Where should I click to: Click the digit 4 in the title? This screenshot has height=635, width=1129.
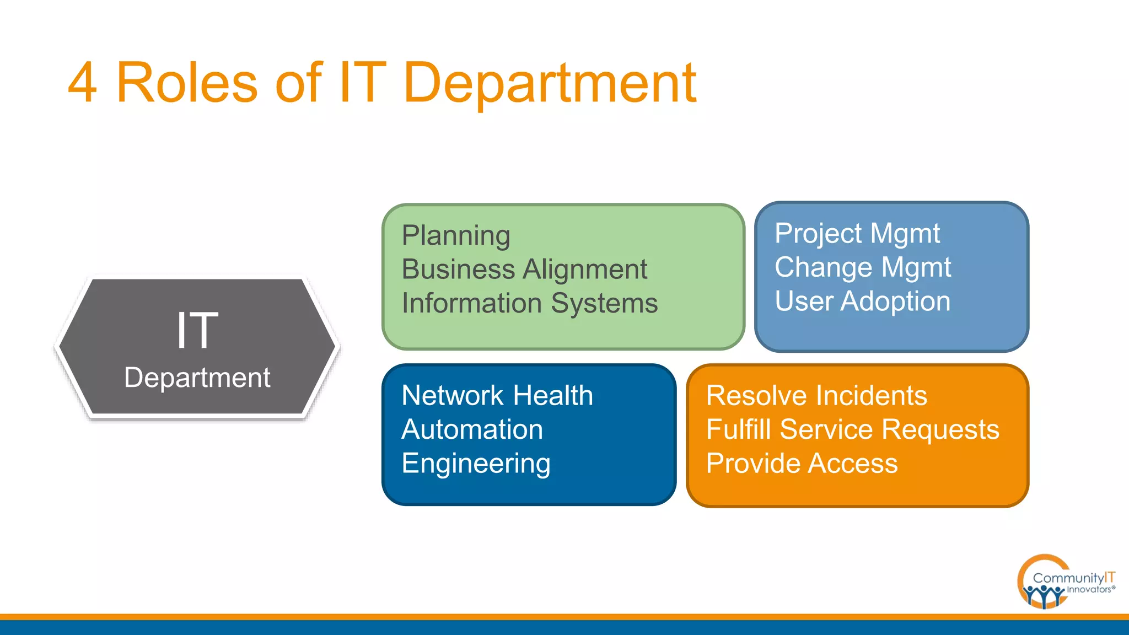click(x=83, y=83)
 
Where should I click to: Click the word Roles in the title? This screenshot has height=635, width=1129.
click(x=187, y=83)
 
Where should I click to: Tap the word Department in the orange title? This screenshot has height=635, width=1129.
click(x=550, y=84)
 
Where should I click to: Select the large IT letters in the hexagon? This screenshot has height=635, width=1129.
click(x=197, y=330)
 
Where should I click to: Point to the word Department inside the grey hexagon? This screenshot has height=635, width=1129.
click(x=197, y=378)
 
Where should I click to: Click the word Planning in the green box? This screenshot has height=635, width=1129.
click(x=456, y=235)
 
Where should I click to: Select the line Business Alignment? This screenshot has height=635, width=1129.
click(x=524, y=270)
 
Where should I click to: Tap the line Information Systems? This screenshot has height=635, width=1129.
click(x=529, y=303)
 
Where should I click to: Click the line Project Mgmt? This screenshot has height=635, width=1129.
click(x=857, y=234)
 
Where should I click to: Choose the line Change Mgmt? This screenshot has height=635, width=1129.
click(x=862, y=267)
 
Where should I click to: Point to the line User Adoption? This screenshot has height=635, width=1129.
click(x=862, y=302)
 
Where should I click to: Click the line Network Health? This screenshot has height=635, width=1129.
click(x=497, y=396)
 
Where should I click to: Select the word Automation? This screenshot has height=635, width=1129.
click(x=472, y=429)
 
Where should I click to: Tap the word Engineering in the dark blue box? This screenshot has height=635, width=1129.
click(x=476, y=464)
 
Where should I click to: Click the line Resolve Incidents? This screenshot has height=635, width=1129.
click(x=816, y=396)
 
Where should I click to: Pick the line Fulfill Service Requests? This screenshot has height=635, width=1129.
click(x=852, y=429)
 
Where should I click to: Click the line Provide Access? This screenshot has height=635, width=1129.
click(x=802, y=464)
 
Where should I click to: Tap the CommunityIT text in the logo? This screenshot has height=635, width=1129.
click(x=1073, y=578)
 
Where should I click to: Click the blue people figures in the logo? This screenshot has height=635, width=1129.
click(x=1042, y=595)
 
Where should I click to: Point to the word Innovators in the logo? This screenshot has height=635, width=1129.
click(x=1089, y=590)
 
